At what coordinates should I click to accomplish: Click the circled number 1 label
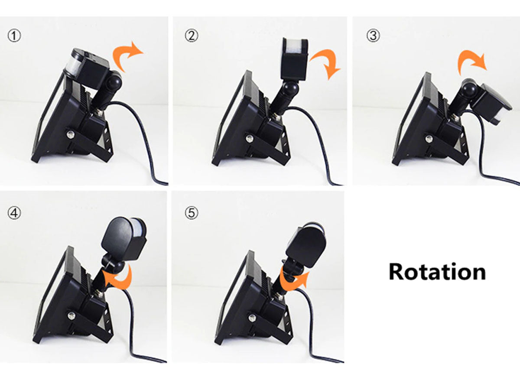coord(14,36)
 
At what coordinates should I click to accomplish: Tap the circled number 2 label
coord(191,36)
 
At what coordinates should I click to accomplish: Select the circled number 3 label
coord(373,36)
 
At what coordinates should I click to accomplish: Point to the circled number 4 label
coord(14,213)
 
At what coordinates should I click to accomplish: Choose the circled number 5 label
coord(192,213)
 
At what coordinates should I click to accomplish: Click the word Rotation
coord(437,272)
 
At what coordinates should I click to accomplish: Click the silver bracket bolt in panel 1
coord(71,135)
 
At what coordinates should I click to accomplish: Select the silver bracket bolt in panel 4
coord(71,315)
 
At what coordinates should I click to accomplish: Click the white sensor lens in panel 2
coord(295,50)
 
